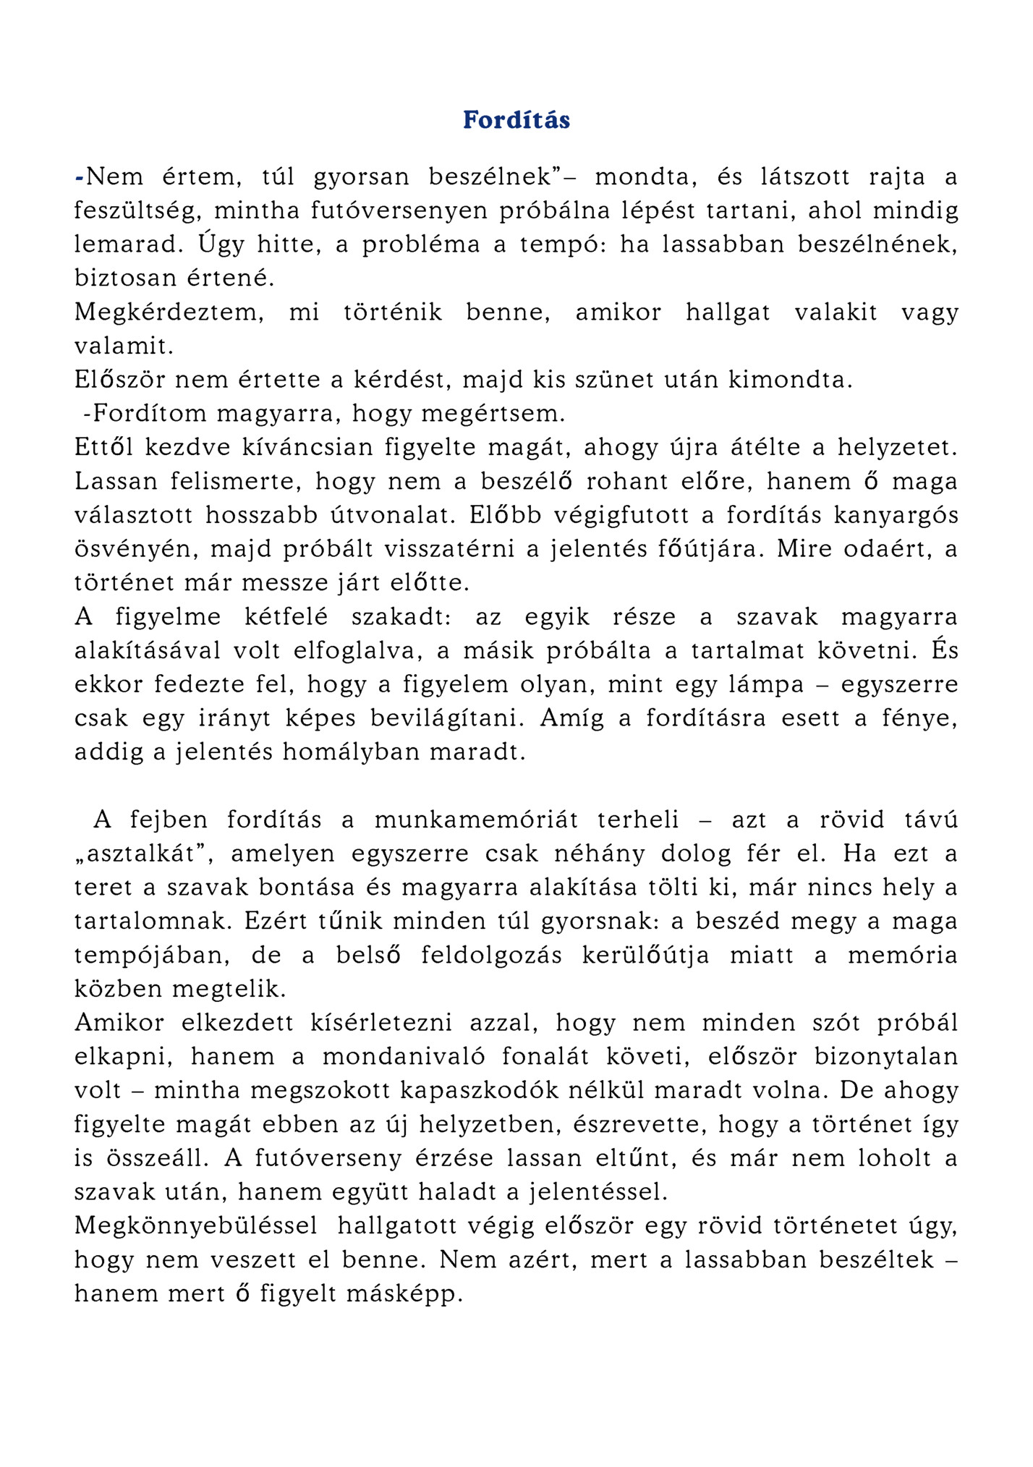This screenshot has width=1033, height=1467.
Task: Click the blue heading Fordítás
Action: click(516, 120)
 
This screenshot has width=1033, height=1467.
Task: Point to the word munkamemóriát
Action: click(476, 820)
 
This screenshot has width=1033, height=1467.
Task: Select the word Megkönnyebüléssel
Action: click(196, 1226)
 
